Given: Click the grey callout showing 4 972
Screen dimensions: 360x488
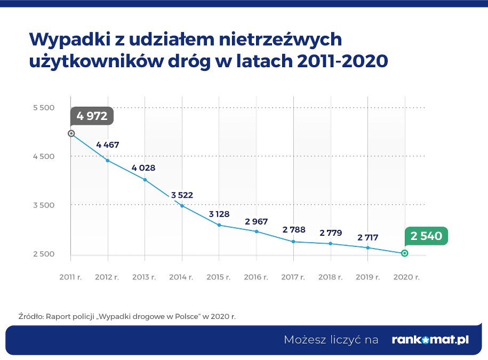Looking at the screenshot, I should [x=92, y=116].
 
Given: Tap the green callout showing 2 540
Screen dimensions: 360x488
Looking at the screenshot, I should [x=426, y=235].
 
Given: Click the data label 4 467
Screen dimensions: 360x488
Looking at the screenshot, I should [x=107, y=145].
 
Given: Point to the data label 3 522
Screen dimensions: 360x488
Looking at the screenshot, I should [x=182, y=195].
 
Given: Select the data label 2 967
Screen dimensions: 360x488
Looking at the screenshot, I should [x=256, y=221].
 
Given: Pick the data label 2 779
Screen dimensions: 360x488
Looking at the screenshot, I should [x=330, y=233].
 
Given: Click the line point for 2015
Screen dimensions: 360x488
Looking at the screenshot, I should [x=219, y=225].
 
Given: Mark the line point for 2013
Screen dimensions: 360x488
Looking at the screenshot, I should [x=145, y=180].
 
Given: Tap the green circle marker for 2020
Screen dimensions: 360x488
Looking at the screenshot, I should [x=404, y=253].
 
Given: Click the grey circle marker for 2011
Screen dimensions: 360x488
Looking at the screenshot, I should [x=71, y=133].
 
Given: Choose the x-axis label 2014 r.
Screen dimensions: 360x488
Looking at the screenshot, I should [x=182, y=277].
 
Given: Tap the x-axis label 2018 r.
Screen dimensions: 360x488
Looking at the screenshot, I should [x=330, y=277].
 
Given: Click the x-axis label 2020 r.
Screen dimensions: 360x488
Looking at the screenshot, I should [x=406, y=277].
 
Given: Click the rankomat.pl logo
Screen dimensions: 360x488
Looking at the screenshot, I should [x=430, y=340].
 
